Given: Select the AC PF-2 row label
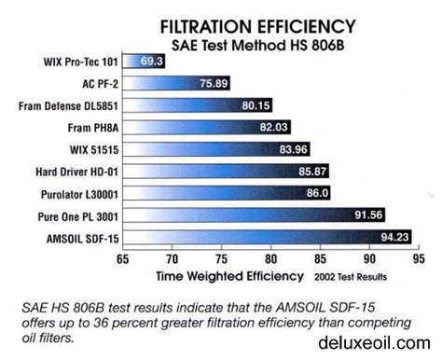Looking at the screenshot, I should click(99, 83).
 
